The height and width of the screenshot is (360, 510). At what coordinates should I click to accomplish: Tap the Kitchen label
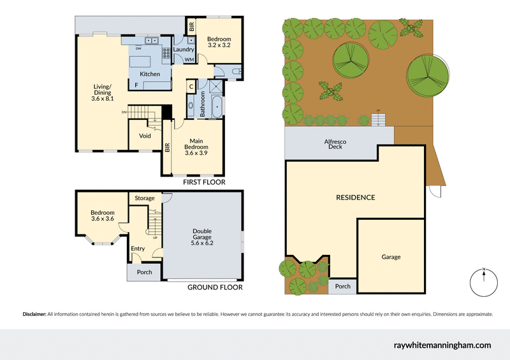click(150, 74)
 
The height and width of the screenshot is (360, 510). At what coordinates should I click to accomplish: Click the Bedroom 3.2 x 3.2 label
click(218, 43)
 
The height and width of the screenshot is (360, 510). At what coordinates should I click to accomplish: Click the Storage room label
click(144, 198)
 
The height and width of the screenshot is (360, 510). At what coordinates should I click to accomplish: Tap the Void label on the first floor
click(144, 136)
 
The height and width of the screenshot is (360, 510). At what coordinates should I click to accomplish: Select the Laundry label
click(184, 49)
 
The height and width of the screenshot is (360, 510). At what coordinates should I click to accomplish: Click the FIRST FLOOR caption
click(204, 182)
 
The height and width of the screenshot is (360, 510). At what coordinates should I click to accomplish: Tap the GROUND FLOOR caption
click(215, 287)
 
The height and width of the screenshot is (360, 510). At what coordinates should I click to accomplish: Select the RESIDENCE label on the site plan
click(355, 198)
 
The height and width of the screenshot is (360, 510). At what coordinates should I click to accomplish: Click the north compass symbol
click(484, 282)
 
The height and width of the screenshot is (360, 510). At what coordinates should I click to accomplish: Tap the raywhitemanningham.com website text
click(442, 345)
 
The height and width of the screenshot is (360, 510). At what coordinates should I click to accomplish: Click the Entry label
click(138, 249)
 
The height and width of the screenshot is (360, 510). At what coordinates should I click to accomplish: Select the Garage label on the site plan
click(391, 257)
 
